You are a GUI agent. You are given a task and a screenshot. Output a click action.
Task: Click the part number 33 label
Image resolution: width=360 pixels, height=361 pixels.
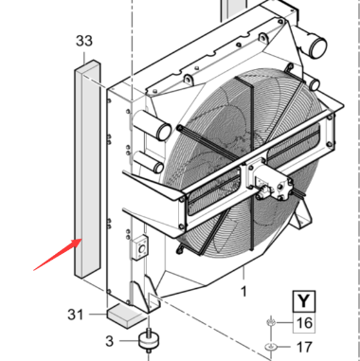click(84, 41)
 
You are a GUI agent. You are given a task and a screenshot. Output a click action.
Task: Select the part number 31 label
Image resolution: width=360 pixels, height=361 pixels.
click(76, 315)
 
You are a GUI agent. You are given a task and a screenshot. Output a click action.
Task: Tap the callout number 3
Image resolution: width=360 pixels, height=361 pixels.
click(109, 341)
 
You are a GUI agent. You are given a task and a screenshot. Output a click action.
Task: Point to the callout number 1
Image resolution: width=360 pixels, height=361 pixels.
click(243, 291)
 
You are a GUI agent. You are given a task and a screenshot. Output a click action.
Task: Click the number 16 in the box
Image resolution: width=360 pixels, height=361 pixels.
click(304, 323)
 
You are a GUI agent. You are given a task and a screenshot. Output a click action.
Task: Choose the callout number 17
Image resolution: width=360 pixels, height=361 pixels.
click(304, 347)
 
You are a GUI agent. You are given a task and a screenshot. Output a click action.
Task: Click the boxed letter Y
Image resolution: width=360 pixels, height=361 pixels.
click(303, 301)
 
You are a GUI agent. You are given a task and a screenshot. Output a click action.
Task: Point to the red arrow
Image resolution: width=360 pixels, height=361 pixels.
click(58, 255)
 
